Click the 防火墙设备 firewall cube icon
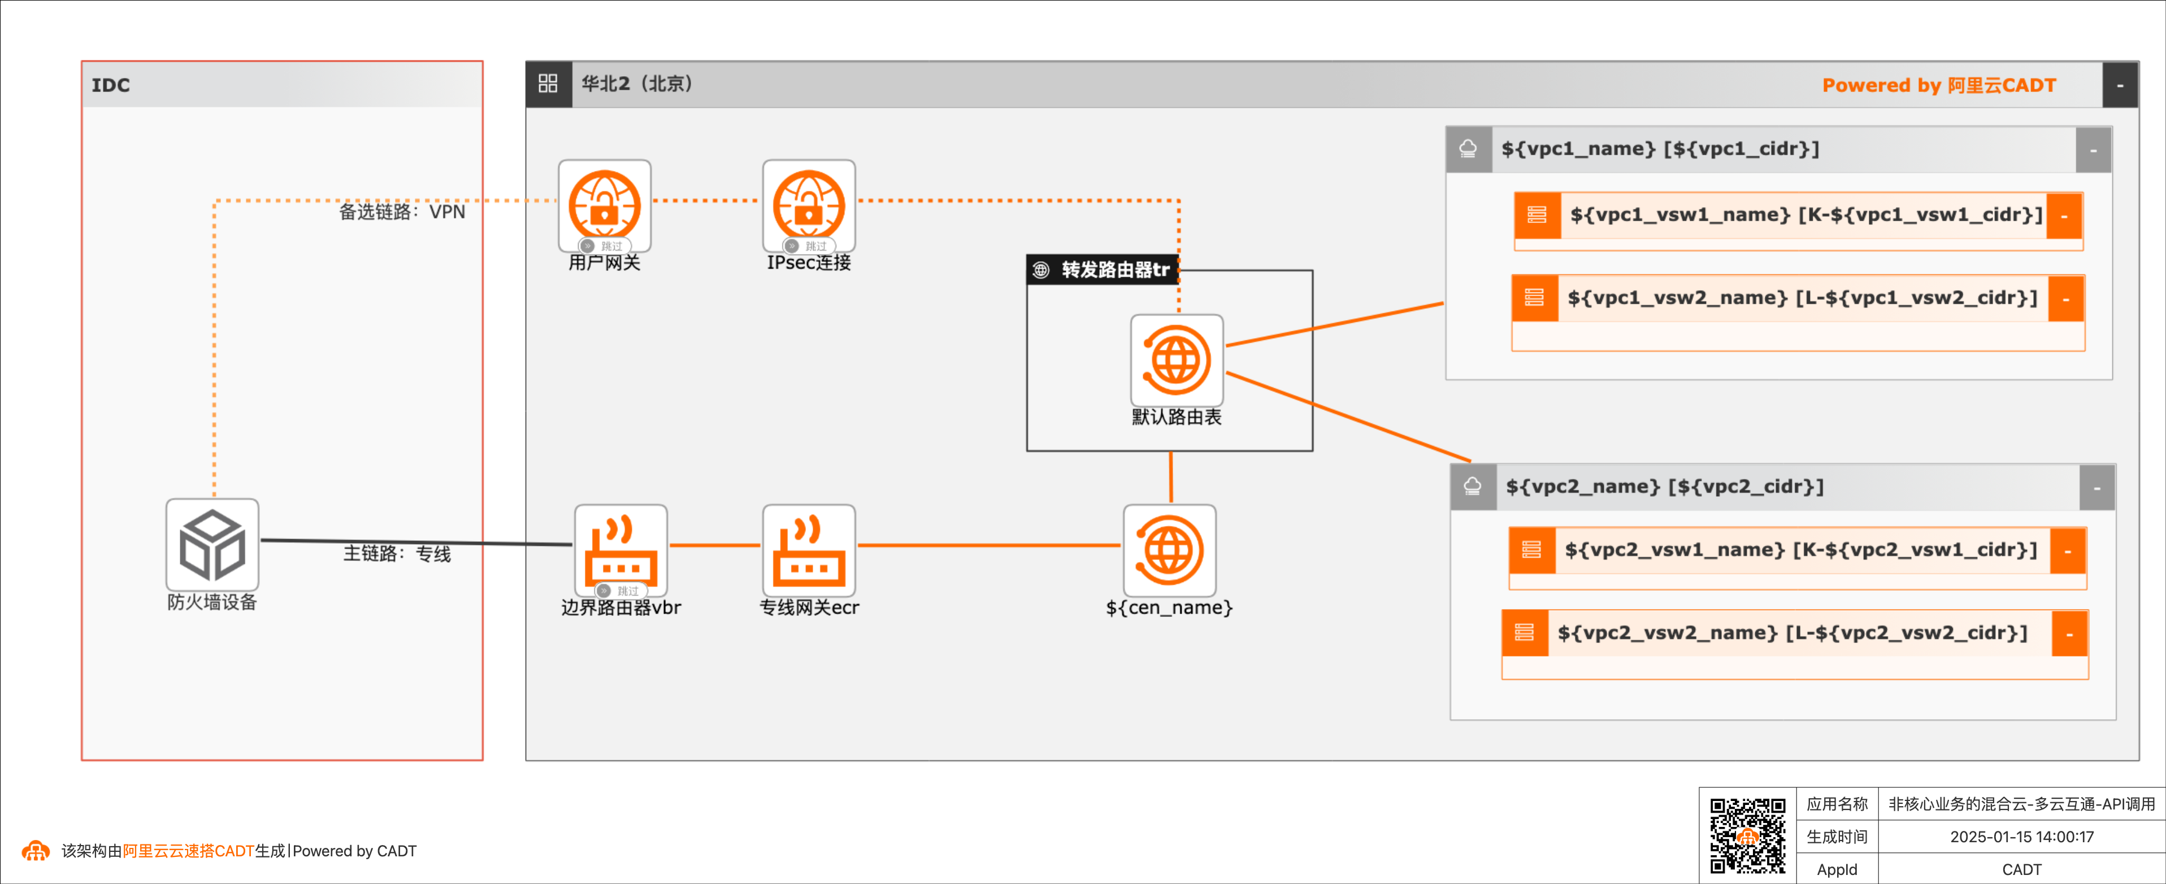pyautogui.click(x=212, y=545)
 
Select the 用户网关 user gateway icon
pyautogui.click(x=605, y=205)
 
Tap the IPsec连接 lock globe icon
pyautogui.click(x=808, y=205)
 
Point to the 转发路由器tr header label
pyautogui.click(x=1114, y=270)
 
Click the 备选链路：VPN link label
pyautogui.click(x=402, y=212)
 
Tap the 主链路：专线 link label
pyautogui.click(x=397, y=554)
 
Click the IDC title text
pyautogui.click(x=111, y=85)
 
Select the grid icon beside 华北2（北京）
pyautogui.click(x=548, y=83)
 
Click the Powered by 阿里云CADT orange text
pyautogui.click(x=1938, y=85)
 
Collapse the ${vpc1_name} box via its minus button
pyautogui.click(x=2093, y=150)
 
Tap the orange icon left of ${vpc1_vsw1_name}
pyautogui.click(x=1537, y=215)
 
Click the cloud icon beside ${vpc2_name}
pyautogui.click(x=1472, y=487)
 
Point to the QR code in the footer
pyautogui.click(x=1747, y=835)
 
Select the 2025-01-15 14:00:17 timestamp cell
pyautogui.click(x=2021, y=837)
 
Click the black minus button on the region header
pyautogui.click(x=2120, y=85)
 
